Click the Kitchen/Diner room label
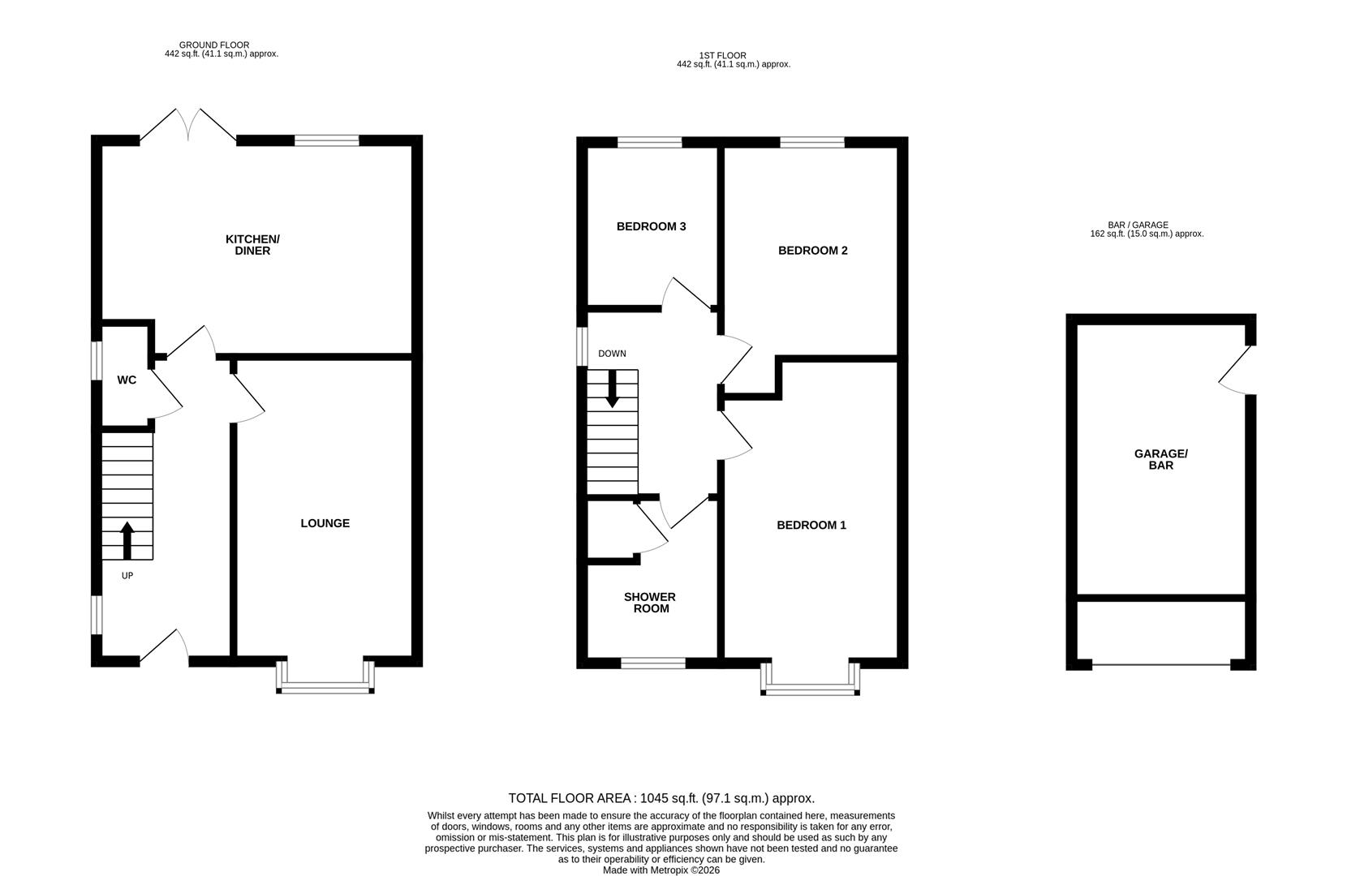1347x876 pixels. click(252, 245)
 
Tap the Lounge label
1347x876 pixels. click(325, 523)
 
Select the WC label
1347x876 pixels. click(127, 380)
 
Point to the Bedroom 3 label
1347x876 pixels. click(651, 226)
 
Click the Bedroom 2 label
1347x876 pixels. click(812, 251)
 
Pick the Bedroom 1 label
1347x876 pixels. click(811, 525)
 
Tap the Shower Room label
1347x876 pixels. click(650, 603)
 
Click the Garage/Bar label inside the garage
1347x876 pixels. click(1160, 460)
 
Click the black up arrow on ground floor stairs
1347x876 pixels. click(127, 540)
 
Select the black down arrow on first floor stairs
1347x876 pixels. click(613, 389)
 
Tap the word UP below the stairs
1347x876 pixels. click(127, 576)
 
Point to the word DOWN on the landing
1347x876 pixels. click(612, 354)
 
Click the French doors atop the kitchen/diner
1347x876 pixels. click(188, 127)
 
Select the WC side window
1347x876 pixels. click(96, 360)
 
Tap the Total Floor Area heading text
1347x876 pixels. click(661, 798)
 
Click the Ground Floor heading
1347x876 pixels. click(214, 45)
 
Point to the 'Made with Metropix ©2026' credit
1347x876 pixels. click(661, 870)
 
